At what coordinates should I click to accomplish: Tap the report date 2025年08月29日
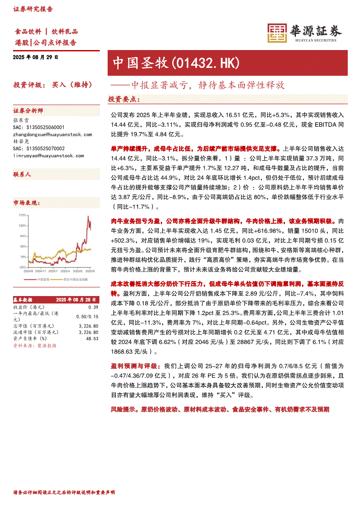tap(36, 57)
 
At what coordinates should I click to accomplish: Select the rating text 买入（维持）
tap(72, 84)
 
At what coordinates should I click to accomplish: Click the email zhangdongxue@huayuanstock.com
tap(53, 135)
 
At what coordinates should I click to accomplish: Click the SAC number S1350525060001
tap(39, 128)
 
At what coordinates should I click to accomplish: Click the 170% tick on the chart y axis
tap(21, 216)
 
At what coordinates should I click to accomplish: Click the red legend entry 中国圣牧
tap(43, 279)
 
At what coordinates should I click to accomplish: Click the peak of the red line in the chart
tap(88, 216)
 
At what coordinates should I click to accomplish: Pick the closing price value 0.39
tap(93, 307)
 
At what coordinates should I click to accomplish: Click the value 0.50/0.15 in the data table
tap(89, 316)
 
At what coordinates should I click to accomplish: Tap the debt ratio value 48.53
tap(92, 338)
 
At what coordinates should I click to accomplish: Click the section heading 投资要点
tap(124, 100)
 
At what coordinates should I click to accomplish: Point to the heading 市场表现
tap(27, 203)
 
